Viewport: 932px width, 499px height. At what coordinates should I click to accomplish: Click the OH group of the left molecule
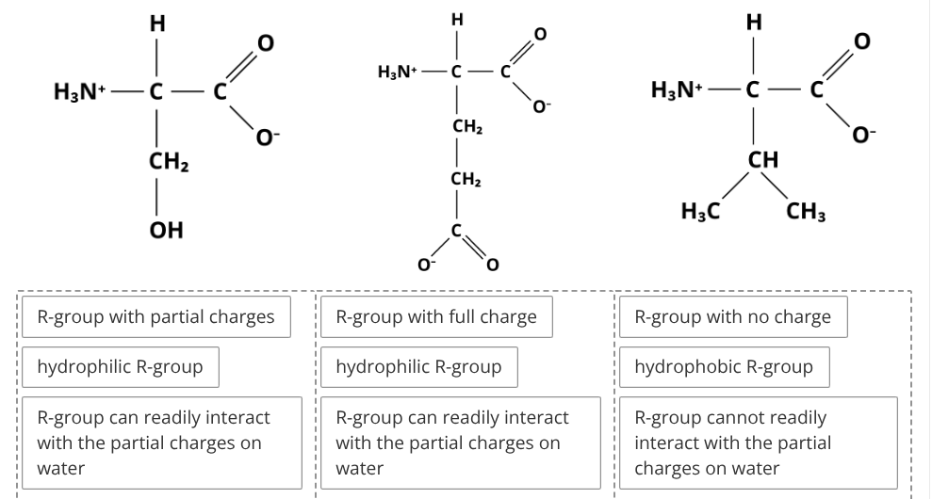pyautogui.click(x=167, y=230)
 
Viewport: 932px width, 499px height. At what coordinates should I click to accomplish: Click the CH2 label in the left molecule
pyautogui.click(x=169, y=162)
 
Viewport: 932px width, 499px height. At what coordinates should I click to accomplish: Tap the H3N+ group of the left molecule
pyautogui.click(x=80, y=92)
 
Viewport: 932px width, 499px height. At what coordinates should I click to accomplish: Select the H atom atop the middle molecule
pyautogui.click(x=456, y=20)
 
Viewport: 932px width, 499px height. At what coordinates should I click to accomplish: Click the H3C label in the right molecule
pyautogui.click(x=701, y=211)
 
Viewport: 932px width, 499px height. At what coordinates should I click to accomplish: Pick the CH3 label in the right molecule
pyautogui.click(x=806, y=211)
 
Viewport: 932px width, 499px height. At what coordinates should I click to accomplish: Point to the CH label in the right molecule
pyautogui.click(x=763, y=159)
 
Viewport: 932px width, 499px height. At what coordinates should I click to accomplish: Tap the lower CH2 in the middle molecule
pyautogui.click(x=466, y=179)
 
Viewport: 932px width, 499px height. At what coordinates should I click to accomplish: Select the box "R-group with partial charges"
pyautogui.click(x=156, y=316)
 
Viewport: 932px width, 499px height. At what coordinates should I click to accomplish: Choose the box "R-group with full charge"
pyautogui.click(x=436, y=316)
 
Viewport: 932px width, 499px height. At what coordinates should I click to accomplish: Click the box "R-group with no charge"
pyautogui.click(x=733, y=316)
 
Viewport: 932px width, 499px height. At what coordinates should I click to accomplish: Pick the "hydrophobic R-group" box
pyautogui.click(x=724, y=367)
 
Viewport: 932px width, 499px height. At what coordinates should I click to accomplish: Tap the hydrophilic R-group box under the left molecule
pyautogui.click(x=120, y=367)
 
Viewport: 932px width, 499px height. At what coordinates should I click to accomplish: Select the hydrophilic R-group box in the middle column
pyautogui.click(x=419, y=367)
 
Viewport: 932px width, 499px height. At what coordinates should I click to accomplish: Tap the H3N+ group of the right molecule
pyautogui.click(x=677, y=89)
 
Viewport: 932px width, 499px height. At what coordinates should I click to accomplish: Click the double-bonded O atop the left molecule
pyautogui.click(x=265, y=42)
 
